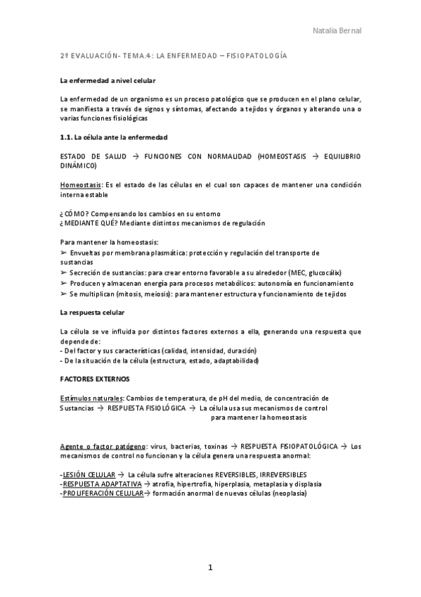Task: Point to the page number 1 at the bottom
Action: point(209,567)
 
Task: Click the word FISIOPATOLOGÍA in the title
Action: point(258,55)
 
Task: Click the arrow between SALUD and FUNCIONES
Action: point(135,155)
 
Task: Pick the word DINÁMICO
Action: point(79,165)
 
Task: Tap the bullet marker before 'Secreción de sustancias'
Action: point(63,272)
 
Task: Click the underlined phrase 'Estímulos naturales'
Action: point(92,398)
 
